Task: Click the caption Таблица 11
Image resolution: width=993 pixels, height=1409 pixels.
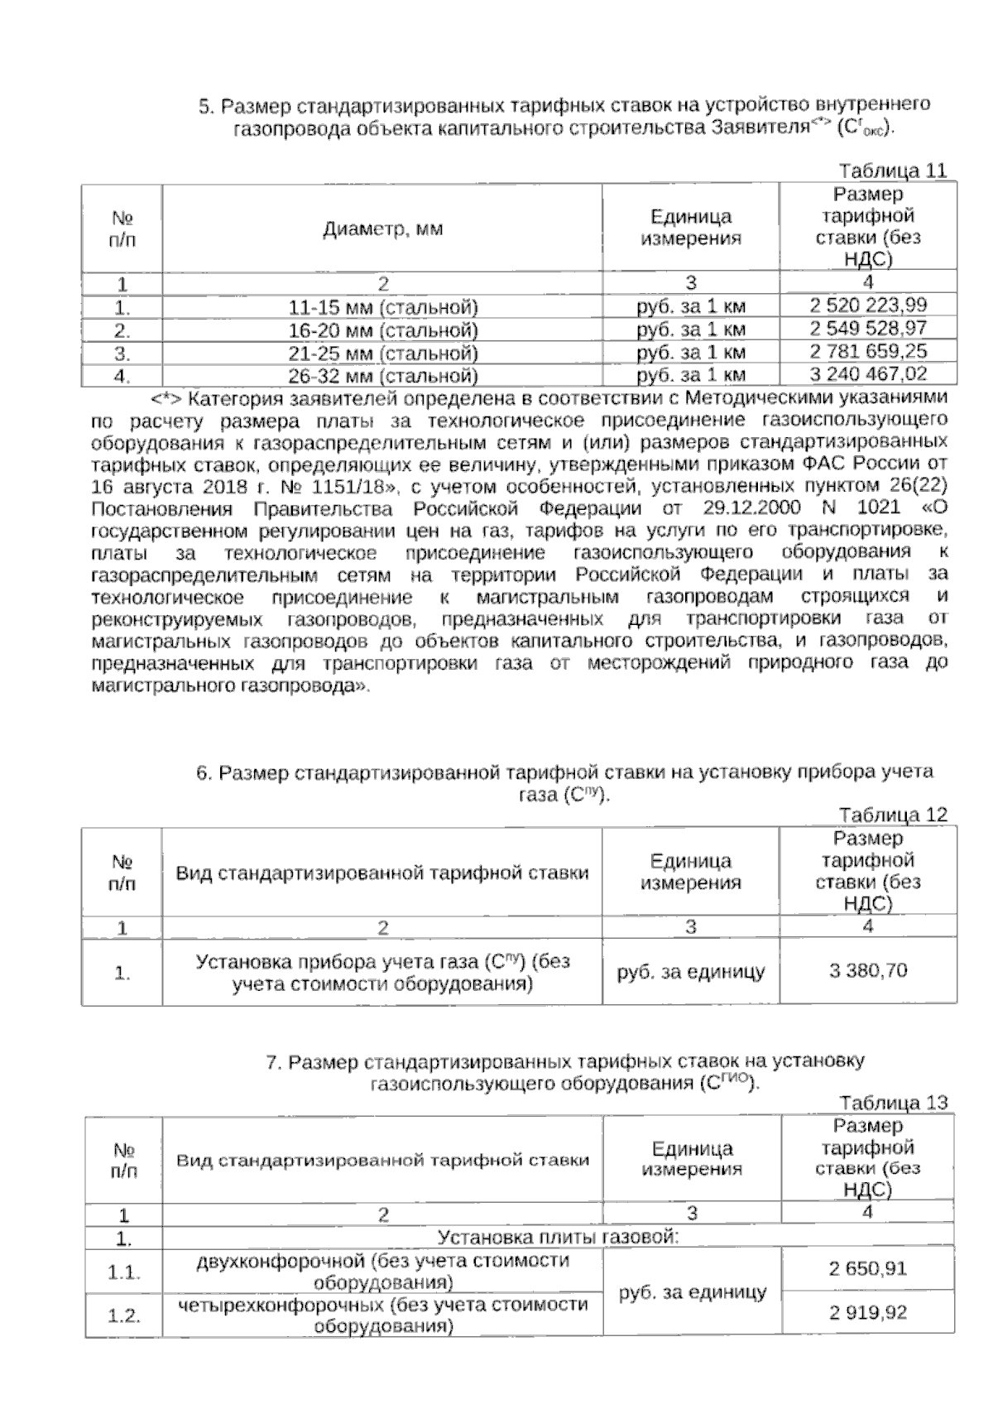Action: tap(892, 171)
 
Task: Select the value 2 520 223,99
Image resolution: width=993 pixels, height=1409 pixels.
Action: tap(868, 305)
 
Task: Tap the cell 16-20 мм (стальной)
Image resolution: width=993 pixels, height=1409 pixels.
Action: tap(383, 330)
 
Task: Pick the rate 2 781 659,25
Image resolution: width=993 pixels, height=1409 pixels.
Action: tap(868, 352)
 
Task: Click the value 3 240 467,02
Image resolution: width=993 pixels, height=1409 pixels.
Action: tap(868, 374)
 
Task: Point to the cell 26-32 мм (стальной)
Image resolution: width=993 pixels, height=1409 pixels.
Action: tap(383, 377)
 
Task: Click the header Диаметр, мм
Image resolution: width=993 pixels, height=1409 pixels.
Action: tap(382, 228)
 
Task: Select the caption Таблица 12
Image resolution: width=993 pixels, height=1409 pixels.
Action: tap(892, 815)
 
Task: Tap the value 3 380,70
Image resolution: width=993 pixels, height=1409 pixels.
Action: tap(868, 970)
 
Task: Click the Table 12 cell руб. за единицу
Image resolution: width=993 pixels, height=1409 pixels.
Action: tap(691, 972)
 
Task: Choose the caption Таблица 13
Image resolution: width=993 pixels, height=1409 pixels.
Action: tap(892, 1103)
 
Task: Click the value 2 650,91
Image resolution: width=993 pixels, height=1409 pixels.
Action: tap(868, 1268)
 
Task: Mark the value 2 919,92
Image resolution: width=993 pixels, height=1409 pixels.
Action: tap(868, 1312)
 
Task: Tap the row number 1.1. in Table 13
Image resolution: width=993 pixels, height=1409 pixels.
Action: tap(123, 1272)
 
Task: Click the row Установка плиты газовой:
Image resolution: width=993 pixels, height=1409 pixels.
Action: tap(558, 1238)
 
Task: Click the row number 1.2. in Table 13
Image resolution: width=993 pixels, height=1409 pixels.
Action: tap(123, 1316)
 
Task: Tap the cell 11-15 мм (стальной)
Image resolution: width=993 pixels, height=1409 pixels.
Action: tap(383, 308)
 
